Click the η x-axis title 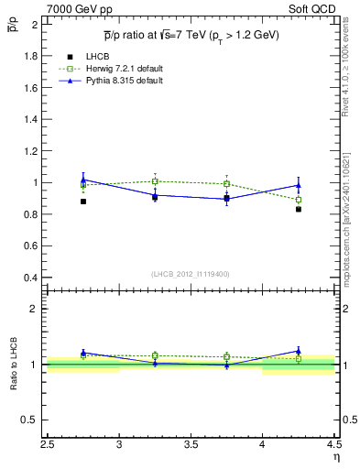click(336, 455)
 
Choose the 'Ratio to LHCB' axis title click(16, 365)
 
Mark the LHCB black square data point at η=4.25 click(299, 209)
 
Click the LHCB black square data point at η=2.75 click(83, 202)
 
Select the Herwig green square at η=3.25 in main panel click(155, 181)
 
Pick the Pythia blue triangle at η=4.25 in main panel click(299, 185)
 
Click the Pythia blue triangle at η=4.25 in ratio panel click(299, 350)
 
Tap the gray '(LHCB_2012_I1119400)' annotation click(191, 274)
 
